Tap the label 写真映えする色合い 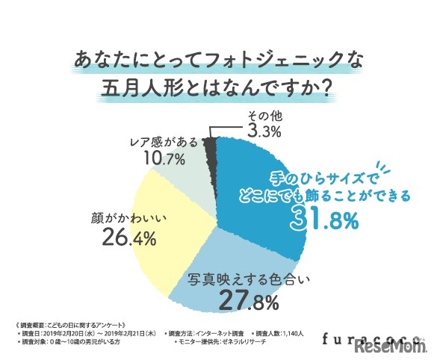(x=249, y=282)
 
